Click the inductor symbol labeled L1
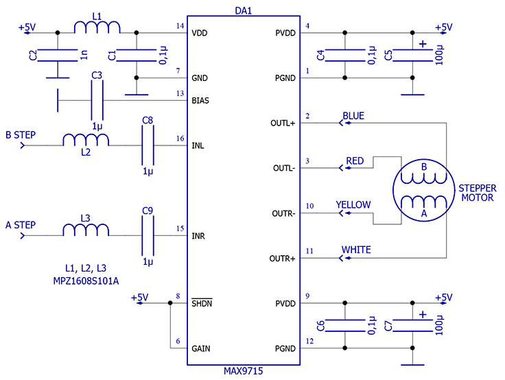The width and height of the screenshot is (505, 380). pyautogui.click(x=97, y=27)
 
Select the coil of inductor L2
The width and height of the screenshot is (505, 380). pyautogui.click(x=86, y=140)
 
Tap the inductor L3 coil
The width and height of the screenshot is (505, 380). pyautogui.click(x=86, y=230)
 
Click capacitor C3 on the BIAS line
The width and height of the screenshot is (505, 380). pyautogui.click(x=97, y=100)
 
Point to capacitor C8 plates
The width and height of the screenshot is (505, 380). pyautogui.click(x=148, y=145)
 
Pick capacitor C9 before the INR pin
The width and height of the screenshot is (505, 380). pyautogui.click(x=148, y=236)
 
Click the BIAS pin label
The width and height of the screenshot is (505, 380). pyautogui.click(x=200, y=101)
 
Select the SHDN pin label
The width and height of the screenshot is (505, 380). pyautogui.click(x=202, y=303)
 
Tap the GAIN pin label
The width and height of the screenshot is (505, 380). pyautogui.click(x=200, y=348)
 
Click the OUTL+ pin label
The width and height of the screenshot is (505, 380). pyautogui.click(x=283, y=123)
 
